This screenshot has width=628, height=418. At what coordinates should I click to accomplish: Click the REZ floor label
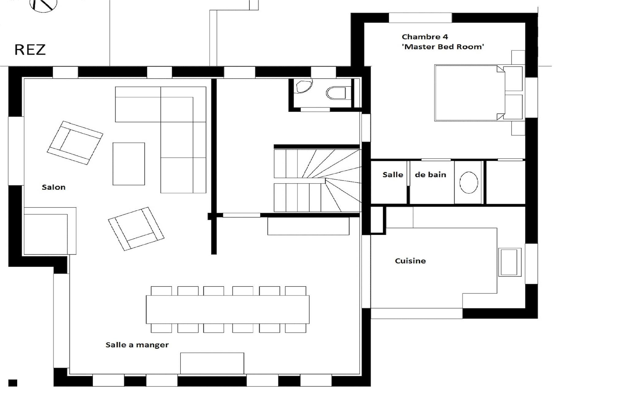[30, 50]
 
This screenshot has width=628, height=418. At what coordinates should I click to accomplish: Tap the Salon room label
[54, 187]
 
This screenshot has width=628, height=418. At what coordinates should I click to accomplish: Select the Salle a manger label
[137, 345]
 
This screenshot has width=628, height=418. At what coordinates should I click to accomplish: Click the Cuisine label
[410, 261]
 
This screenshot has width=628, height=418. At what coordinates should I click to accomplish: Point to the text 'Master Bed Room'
[443, 47]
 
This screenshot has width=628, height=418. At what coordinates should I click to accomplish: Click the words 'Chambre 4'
[425, 37]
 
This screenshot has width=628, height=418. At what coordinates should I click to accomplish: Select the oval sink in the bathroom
[469, 183]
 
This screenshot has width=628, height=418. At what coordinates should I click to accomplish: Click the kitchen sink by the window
[510, 262]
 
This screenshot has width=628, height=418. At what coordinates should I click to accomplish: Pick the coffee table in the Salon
[128, 164]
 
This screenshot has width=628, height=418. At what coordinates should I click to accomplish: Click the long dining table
[228, 309]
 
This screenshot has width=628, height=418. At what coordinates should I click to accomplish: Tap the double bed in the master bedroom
[469, 93]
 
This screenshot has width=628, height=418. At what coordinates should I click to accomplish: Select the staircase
[317, 180]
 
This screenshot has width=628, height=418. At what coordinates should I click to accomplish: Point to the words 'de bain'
[431, 175]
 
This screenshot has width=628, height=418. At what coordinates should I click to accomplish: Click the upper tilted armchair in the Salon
[75, 143]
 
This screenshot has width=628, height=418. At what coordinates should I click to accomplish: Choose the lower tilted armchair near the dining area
[136, 229]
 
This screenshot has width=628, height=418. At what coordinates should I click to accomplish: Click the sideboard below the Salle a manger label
[212, 363]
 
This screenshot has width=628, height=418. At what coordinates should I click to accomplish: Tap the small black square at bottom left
[13, 383]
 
